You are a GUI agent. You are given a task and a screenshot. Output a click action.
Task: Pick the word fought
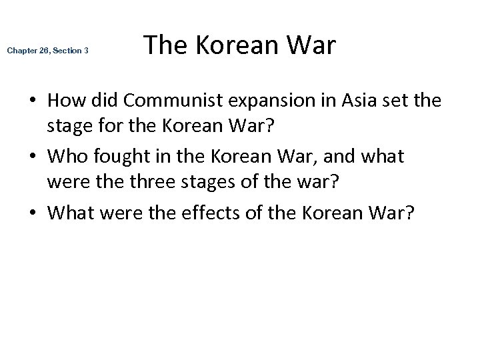tap(115, 157)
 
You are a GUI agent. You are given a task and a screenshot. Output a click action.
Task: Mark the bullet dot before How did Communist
tap(33, 102)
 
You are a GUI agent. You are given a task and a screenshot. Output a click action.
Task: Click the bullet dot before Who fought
tap(33, 157)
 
